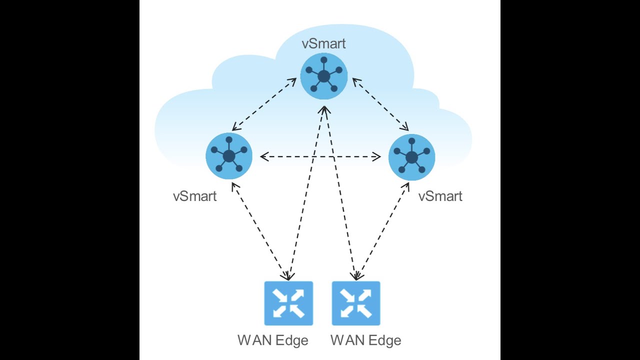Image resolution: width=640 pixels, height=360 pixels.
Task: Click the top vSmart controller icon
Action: point(323,76)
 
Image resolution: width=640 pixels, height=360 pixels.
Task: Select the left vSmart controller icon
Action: point(229,156)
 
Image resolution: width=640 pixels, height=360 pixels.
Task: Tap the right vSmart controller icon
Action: point(411,157)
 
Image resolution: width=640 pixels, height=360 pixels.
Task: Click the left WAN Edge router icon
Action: point(288,303)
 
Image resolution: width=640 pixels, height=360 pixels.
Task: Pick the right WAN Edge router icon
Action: point(356,303)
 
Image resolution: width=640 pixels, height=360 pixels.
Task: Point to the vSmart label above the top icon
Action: point(323,43)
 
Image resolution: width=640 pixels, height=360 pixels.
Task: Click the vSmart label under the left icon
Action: point(194,196)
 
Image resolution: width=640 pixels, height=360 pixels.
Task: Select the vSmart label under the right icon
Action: point(440,196)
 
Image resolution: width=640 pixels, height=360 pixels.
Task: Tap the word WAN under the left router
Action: point(254,340)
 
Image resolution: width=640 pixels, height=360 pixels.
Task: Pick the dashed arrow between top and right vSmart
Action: point(380,104)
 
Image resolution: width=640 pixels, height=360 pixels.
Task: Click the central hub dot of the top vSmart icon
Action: point(323,76)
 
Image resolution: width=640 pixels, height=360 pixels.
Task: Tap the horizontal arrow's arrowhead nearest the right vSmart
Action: point(377,157)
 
